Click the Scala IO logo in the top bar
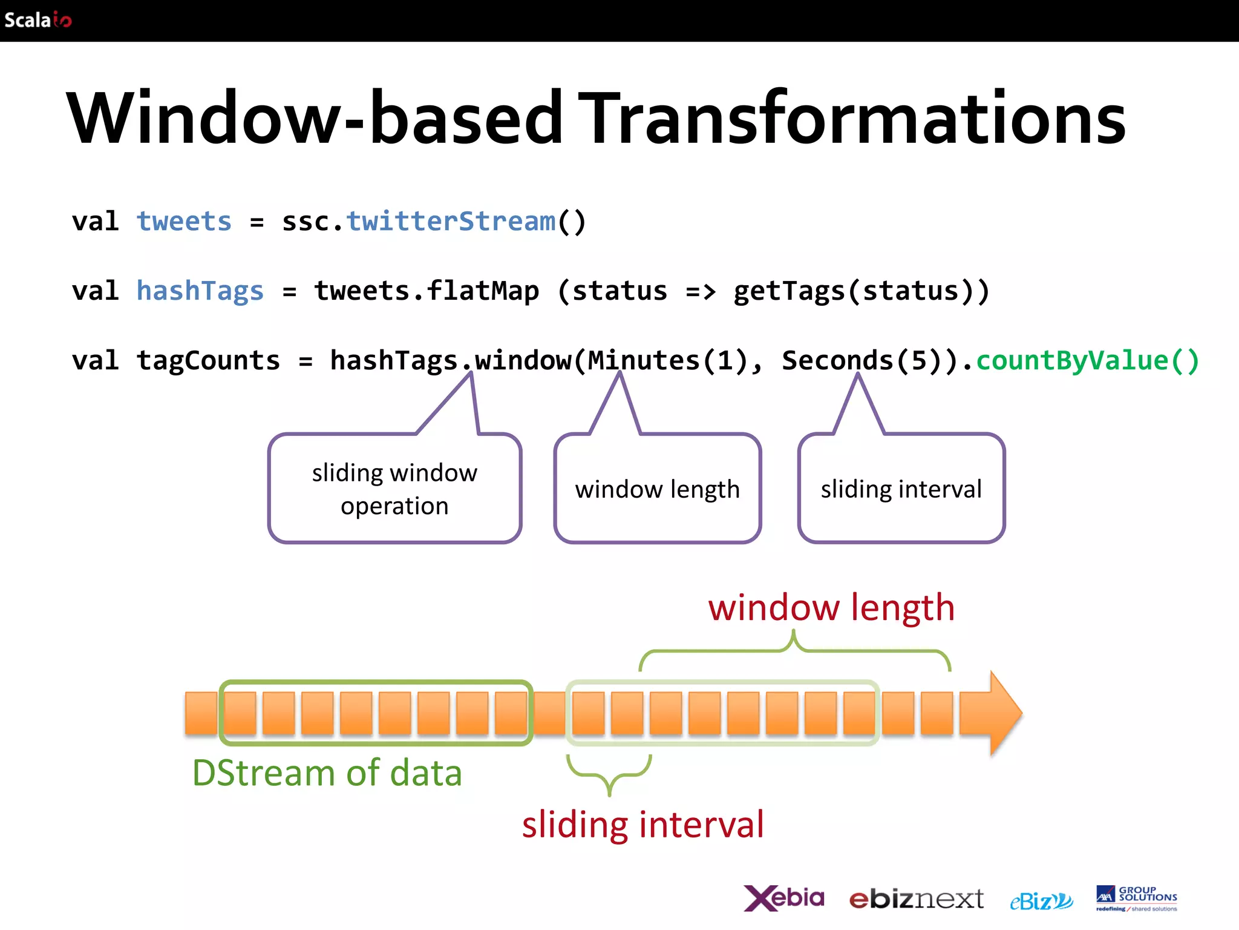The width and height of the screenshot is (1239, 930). click(38, 20)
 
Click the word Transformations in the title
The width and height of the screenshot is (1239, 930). click(852, 118)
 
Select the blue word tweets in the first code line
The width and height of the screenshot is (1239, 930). click(184, 222)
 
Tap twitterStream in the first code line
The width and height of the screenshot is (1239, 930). click(451, 222)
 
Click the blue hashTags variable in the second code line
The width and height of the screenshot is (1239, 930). click(200, 291)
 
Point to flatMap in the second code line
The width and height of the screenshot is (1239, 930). click(482, 291)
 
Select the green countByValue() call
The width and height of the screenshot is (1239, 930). click(1087, 361)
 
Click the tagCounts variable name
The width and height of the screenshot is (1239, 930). click(208, 361)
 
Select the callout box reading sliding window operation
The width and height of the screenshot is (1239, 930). click(394, 489)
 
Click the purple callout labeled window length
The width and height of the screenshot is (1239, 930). click(658, 489)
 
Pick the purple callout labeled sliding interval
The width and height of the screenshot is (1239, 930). click(901, 489)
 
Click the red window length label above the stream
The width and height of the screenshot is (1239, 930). click(831, 608)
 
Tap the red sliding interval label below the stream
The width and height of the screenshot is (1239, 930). click(643, 825)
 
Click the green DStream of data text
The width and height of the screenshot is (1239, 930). click(327, 773)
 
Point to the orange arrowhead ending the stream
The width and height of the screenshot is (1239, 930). click(998, 713)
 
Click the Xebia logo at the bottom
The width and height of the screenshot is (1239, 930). click(784, 899)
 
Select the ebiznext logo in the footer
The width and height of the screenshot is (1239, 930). click(916, 900)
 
